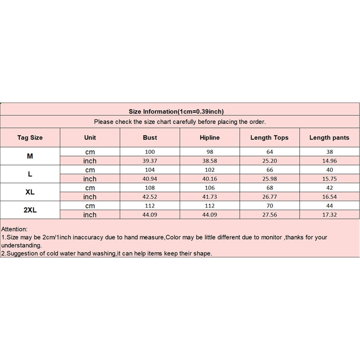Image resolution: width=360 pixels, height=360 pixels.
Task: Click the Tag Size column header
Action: pos(30,138)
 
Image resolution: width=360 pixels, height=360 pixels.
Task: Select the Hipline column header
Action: pos(210,138)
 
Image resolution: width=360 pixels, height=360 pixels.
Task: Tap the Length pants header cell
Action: pos(329,138)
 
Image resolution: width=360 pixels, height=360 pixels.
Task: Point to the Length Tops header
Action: pos(270,138)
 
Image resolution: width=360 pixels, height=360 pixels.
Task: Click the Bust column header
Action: pos(150,138)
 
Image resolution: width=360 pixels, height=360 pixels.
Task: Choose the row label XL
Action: pos(30,192)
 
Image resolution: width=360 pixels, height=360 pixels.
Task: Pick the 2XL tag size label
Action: pos(30,210)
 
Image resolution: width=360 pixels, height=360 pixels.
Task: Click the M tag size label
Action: pos(30,156)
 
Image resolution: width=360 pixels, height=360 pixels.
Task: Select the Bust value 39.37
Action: pos(150,161)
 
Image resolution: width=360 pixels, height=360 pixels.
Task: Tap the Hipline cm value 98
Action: pos(210,152)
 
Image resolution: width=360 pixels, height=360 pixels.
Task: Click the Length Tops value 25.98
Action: pos(270,179)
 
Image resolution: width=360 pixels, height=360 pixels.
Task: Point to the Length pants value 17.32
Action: pos(329,215)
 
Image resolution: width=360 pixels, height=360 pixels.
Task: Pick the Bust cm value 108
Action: pos(150,188)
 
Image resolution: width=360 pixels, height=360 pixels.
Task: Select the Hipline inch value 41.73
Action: pos(210,197)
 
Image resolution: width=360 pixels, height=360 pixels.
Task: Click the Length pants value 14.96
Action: pos(329,161)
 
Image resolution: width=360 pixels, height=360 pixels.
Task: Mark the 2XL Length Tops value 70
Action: pos(270,206)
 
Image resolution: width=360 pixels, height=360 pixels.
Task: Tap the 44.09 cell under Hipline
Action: pos(210,215)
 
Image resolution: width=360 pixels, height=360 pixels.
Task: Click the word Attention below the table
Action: pos(14,229)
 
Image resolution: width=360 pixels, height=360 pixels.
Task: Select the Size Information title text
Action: pos(176,112)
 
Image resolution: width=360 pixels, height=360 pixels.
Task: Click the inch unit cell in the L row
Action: pos(90,179)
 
